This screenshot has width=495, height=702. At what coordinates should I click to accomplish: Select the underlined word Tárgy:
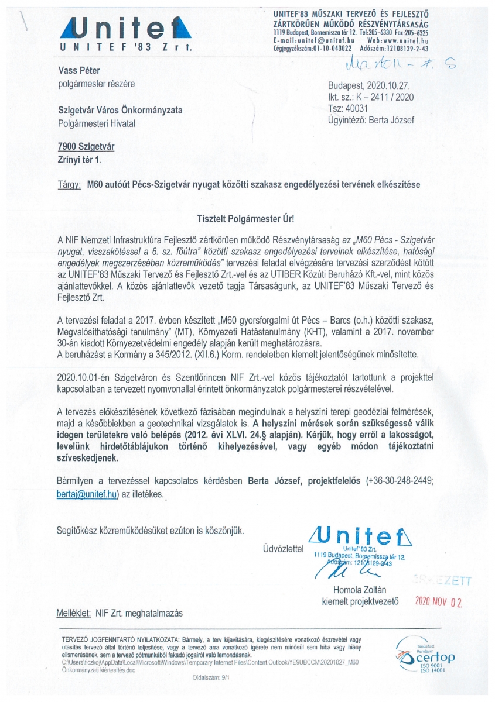(x=69, y=184)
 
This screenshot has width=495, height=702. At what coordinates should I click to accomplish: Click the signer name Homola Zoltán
(x=360, y=589)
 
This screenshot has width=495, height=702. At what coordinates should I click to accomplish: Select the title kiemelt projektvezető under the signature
(x=360, y=601)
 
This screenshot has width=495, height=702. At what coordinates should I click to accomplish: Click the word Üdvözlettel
(x=284, y=549)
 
